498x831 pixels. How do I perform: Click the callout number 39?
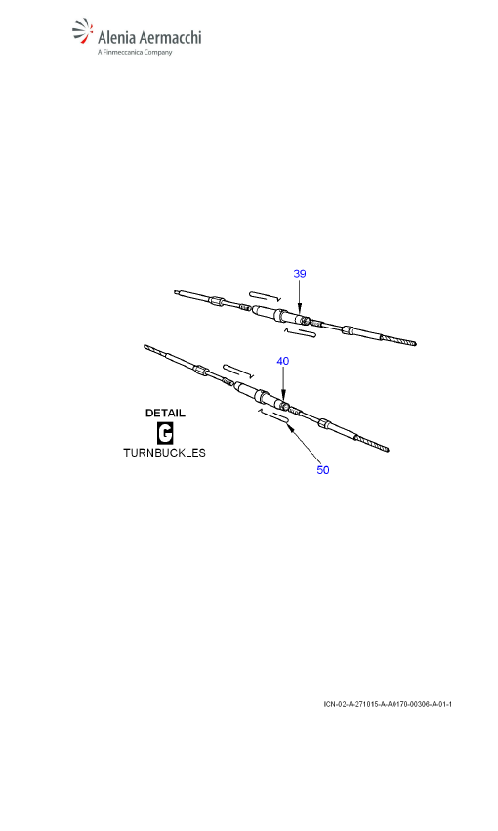point(300,274)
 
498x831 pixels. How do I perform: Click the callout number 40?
point(283,361)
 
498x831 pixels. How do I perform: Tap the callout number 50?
point(323,470)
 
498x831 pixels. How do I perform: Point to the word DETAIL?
point(165,413)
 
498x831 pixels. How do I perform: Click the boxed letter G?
point(165,433)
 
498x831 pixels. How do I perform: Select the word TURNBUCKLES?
point(165,453)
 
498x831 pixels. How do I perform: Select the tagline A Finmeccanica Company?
point(135,52)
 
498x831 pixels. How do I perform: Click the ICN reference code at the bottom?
point(388,704)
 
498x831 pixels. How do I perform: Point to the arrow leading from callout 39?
point(300,296)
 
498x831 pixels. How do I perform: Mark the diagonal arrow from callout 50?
point(305,444)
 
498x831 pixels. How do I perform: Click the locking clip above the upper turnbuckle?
point(265,295)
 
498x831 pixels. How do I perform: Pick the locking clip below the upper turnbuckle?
point(300,332)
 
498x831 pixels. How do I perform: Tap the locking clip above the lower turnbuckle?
point(238,371)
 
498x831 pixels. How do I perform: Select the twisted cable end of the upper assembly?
point(398,340)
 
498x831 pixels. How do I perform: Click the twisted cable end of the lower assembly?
point(372,443)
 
